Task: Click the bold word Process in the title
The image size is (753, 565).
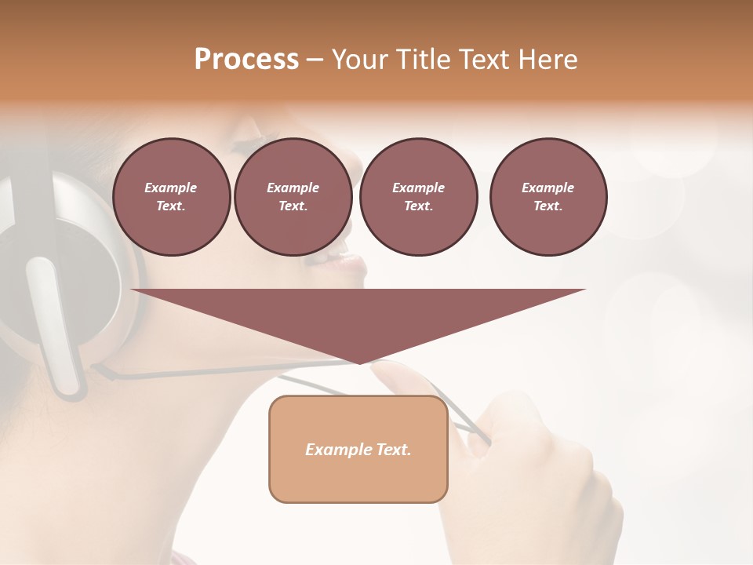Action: (x=246, y=60)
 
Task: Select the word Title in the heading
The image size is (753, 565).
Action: (x=420, y=60)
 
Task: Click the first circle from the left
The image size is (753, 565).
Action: (x=172, y=197)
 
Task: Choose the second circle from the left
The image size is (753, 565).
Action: (x=293, y=197)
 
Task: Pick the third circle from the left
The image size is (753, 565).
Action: (x=419, y=197)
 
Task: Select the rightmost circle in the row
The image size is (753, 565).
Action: (x=548, y=197)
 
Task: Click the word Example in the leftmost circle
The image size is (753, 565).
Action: (x=171, y=188)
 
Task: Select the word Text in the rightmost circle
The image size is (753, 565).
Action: (x=547, y=206)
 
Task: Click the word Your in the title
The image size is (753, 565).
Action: (x=359, y=60)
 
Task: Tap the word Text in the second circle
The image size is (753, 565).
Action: (x=293, y=206)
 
